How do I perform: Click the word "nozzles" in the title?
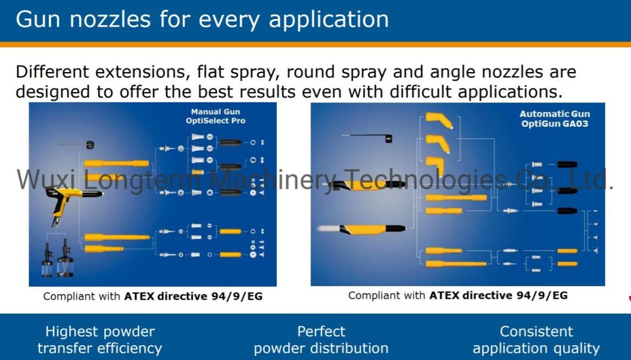(x=110, y=19)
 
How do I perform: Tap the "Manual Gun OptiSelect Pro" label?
(x=215, y=116)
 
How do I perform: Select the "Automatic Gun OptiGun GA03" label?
(x=555, y=119)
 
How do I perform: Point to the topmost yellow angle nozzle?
(x=439, y=120)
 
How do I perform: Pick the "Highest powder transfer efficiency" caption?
(x=100, y=340)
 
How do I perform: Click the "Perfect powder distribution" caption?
(x=321, y=340)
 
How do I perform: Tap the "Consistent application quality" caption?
(x=536, y=340)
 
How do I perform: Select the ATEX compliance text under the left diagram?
(x=153, y=296)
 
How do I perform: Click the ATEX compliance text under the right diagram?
(x=458, y=296)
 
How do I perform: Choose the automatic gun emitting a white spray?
(x=362, y=229)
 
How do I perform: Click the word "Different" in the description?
(x=52, y=73)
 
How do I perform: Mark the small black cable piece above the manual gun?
(x=90, y=145)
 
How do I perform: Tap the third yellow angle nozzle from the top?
(x=436, y=165)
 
